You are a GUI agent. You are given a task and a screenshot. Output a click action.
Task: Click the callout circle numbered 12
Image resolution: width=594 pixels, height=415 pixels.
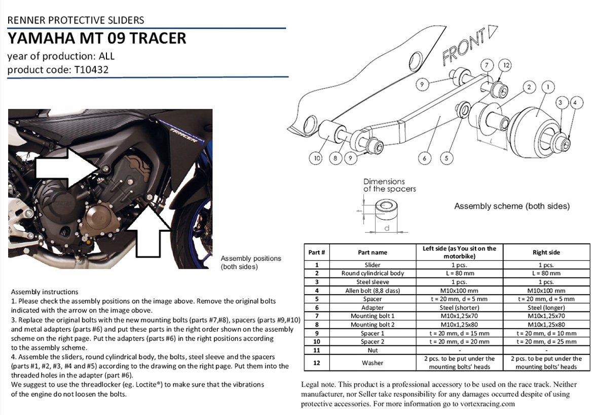coord(506,66)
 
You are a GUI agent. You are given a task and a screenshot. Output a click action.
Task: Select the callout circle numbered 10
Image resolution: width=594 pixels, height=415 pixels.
coord(317,158)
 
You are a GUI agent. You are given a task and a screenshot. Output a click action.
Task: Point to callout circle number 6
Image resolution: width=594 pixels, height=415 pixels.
coord(425,158)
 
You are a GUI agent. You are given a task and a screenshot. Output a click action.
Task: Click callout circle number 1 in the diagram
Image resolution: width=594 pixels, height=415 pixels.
coord(546,87)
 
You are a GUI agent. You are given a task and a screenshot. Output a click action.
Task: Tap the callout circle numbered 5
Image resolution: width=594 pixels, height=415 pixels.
coord(447,158)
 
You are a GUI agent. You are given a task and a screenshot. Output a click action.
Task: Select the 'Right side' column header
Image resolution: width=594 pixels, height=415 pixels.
coord(546,252)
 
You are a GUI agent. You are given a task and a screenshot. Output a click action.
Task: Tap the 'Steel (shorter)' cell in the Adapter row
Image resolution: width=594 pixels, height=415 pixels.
coord(460,308)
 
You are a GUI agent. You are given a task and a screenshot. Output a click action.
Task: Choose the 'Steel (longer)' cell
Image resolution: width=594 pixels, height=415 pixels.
coord(546,308)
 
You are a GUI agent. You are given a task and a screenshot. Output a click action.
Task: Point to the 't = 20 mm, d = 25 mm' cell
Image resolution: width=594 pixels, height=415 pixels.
coord(546,342)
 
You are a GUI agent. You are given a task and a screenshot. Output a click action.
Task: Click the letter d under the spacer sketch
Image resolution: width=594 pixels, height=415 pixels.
coord(386,228)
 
